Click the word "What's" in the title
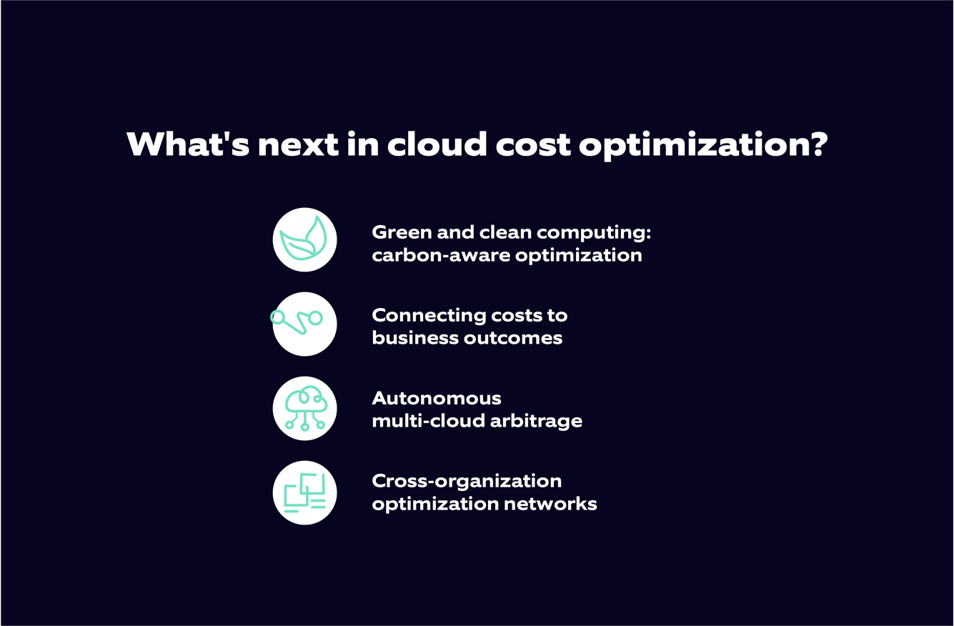click(x=187, y=144)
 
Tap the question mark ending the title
click(x=818, y=144)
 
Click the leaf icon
click(x=304, y=239)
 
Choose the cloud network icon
click(x=304, y=408)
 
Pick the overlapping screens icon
click(x=304, y=493)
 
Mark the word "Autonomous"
click(x=437, y=398)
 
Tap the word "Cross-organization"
click(x=467, y=481)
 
